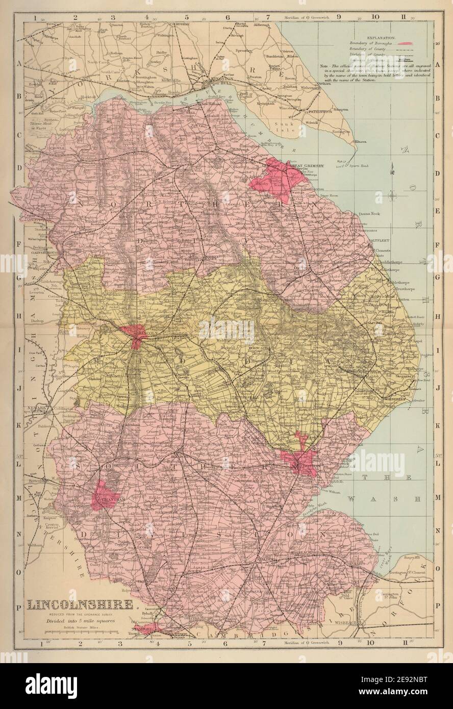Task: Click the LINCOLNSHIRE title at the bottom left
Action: coord(80,605)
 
